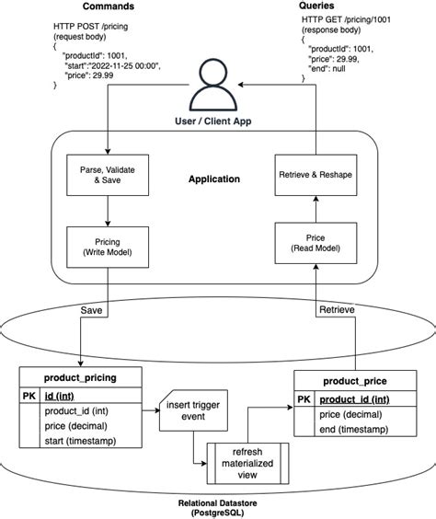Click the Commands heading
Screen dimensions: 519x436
click(x=108, y=6)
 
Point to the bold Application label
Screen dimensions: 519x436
click(x=213, y=179)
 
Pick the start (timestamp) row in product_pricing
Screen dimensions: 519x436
click(x=86, y=445)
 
